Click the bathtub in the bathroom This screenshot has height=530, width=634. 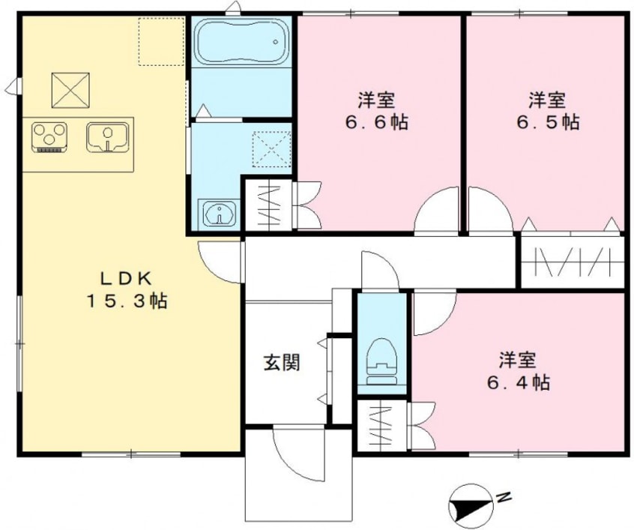point(241,44)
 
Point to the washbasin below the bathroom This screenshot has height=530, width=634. point(219,214)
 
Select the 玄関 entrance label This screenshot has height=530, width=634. point(281,363)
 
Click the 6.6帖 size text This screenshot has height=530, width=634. point(377,121)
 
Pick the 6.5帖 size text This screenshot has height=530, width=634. point(547,121)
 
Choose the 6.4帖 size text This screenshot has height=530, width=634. point(519,382)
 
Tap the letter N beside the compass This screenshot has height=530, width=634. point(507,496)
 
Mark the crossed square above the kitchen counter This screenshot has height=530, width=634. point(70,91)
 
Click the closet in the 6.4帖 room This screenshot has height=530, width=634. point(381,426)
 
